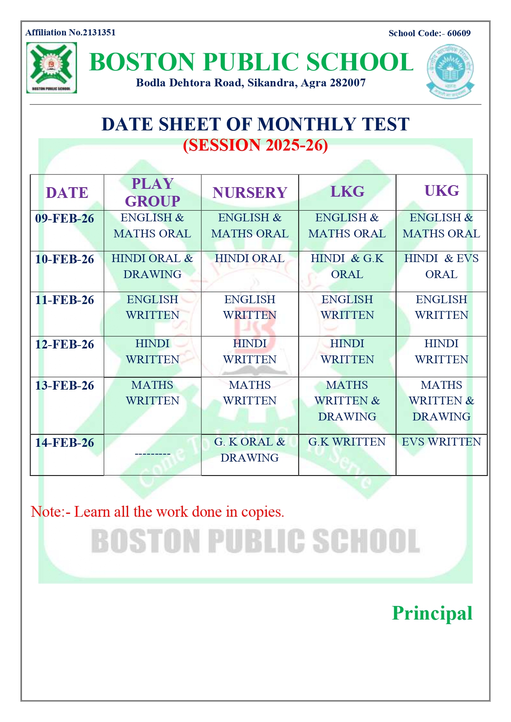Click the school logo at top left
pyautogui.click(x=51, y=68)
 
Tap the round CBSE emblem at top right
pyautogui.click(x=450, y=71)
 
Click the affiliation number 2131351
pyautogui.click(x=99, y=33)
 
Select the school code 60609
pyautogui.click(x=459, y=33)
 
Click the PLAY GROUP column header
pyautogui.click(x=152, y=192)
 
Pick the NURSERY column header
pyautogui.click(x=250, y=193)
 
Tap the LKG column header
pyautogui.click(x=347, y=192)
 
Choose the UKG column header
pyautogui.click(x=441, y=191)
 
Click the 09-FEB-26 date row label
pyautogui.click(x=65, y=218)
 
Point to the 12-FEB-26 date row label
pyautogui.click(x=65, y=344)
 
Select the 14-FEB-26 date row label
pyautogui.click(x=65, y=443)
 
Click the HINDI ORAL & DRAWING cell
pyautogui.click(x=152, y=266)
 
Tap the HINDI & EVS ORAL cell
pyautogui.click(x=441, y=266)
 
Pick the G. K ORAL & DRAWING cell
pyautogui.click(x=250, y=450)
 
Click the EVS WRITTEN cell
pyautogui.click(x=441, y=442)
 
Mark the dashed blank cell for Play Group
pyautogui.click(x=152, y=454)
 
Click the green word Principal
pyautogui.click(x=432, y=613)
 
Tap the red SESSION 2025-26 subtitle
pyautogui.click(x=255, y=145)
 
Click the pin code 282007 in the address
pyautogui.click(x=348, y=83)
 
